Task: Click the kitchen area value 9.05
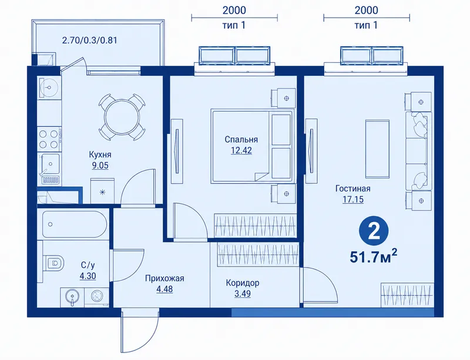click(x=100, y=166)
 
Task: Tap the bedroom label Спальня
click(x=241, y=139)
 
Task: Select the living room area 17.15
click(x=353, y=199)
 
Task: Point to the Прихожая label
click(x=164, y=278)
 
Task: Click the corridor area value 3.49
click(x=243, y=294)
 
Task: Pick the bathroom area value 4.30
click(x=88, y=276)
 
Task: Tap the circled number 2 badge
click(x=374, y=231)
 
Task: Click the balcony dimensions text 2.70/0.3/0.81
click(x=89, y=40)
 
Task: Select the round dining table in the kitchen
click(x=122, y=117)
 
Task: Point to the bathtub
click(x=75, y=224)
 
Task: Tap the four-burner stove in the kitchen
click(x=49, y=139)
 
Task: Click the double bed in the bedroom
click(x=252, y=146)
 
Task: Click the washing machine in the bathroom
click(x=97, y=297)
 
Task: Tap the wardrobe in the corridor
click(x=258, y=254)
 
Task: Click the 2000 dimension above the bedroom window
click(x=234, y=10)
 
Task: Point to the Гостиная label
click(x=353, y=189)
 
